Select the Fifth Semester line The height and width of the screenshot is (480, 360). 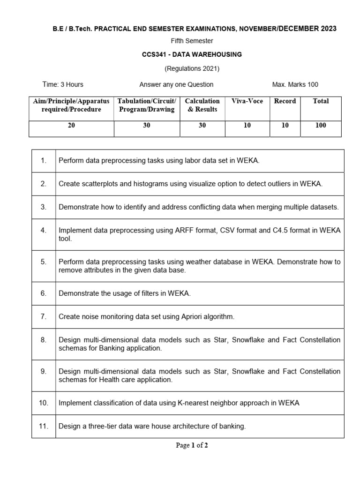pyautogui.click(x=192, y=41)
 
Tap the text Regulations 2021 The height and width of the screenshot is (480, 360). pyautogui.click(x=192, y=68)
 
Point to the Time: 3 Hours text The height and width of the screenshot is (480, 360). pyautogui.click(x=63, y=84)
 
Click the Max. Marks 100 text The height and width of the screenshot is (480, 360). pyautogui.click(x=295, y=84)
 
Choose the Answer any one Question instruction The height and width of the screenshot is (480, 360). pyautogui.click(x=176, y=84)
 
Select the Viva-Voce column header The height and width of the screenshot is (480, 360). pyautogui.click(x=247, y=101)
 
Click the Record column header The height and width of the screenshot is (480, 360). pyautogui.click(x=285, y=101)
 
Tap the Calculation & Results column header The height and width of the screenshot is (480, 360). pyautogui.click(x=202, y=105)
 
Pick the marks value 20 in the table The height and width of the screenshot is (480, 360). pyautogui.click(x=71, y=125)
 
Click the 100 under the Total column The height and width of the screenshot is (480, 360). pyautogui.click(x=321, y=125)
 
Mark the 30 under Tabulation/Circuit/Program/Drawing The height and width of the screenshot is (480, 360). pyautogui.click(x=147, y=125)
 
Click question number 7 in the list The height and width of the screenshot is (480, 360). pyautogui.click(x=43, y=316)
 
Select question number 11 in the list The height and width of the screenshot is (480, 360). pyautogui.click(x=43, y=426)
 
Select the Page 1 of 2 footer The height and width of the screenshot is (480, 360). pyautogui.click(x=192, y=445)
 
